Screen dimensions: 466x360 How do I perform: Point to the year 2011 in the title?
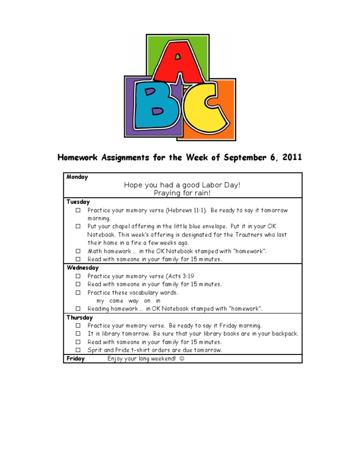click(290, 158)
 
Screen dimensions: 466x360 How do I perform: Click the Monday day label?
click(77, 177)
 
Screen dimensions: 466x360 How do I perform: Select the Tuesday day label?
click(78, 202)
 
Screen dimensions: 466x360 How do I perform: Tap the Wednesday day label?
click(82, 268)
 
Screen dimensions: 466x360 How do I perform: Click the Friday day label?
click(75, 359)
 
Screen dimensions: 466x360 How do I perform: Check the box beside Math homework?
click(78, 251)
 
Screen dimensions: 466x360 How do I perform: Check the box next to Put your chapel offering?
click(78, 226)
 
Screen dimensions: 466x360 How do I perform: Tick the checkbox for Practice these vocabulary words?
click(78, 293)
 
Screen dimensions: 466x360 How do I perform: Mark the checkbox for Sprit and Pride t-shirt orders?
click(78, 350)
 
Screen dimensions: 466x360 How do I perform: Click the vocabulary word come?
click(116, 301)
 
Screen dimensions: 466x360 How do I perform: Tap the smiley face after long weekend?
click(181, 359)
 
